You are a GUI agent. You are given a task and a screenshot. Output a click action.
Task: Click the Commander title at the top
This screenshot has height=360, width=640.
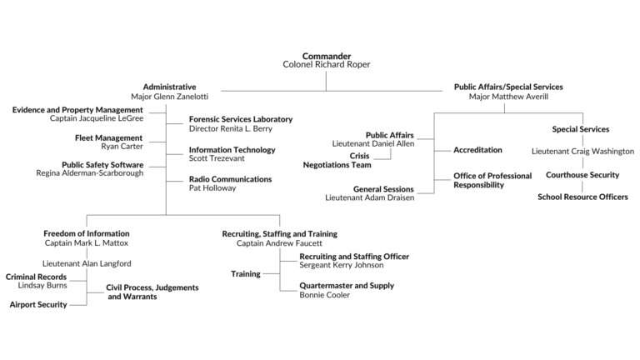point(326,55)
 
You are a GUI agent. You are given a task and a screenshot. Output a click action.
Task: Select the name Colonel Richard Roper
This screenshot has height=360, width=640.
point(326,64)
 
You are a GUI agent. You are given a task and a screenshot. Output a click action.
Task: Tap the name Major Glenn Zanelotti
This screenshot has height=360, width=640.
point(169,97)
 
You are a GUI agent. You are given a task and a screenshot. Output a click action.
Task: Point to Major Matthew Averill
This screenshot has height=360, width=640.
point(507,97)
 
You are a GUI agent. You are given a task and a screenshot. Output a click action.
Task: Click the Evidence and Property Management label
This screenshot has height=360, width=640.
point(77,110)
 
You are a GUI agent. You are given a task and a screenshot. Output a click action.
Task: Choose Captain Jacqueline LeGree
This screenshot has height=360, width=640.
point(97,119)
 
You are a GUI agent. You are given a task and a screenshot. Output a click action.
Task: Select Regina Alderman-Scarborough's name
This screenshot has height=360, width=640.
point(90,173)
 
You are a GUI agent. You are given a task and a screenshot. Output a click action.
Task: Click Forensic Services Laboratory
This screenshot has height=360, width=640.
point(241,119)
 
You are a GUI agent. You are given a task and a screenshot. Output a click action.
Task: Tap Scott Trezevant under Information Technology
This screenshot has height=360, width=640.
point(217,158)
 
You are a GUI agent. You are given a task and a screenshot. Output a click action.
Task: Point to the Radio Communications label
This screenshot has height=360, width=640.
point(230,178)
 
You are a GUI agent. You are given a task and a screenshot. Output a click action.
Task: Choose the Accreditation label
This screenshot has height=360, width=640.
point(477,150)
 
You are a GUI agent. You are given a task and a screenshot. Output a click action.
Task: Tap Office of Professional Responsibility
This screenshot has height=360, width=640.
point(492,181)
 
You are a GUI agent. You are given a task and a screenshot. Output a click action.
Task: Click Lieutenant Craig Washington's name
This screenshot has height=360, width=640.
point(582,152)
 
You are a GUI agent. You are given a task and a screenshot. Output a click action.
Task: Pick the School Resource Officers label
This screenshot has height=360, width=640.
point(582,197)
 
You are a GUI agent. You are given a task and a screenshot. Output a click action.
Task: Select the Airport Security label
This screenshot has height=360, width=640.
point(38,305)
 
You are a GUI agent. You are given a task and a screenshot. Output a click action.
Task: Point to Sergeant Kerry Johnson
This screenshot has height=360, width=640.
point(342,265)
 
